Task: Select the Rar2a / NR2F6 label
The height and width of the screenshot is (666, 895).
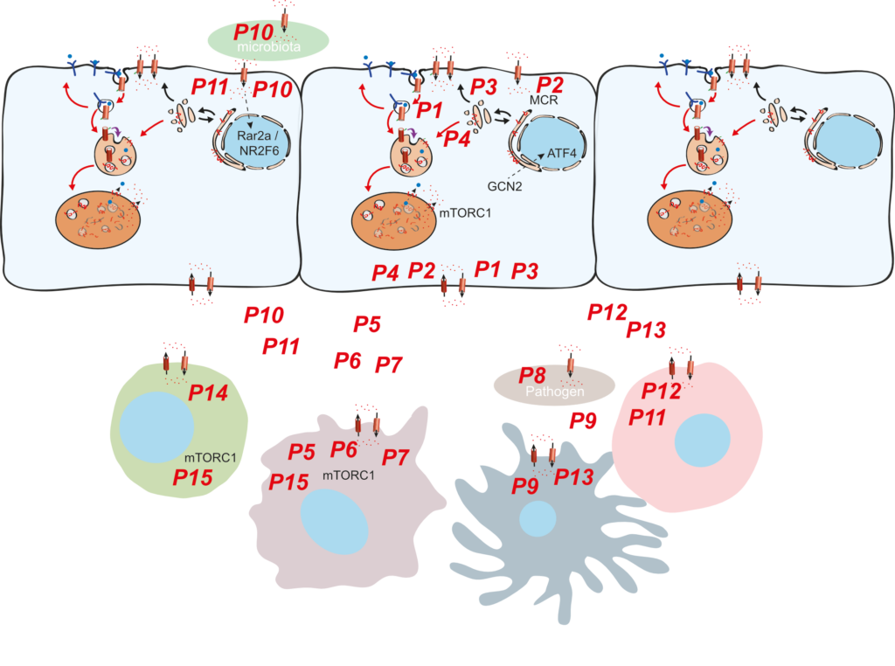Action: point(246,142)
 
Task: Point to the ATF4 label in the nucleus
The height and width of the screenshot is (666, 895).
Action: point(545,154)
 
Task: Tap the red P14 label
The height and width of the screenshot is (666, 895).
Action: point(209,394)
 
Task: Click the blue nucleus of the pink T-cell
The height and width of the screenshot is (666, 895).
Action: point(703,438)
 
